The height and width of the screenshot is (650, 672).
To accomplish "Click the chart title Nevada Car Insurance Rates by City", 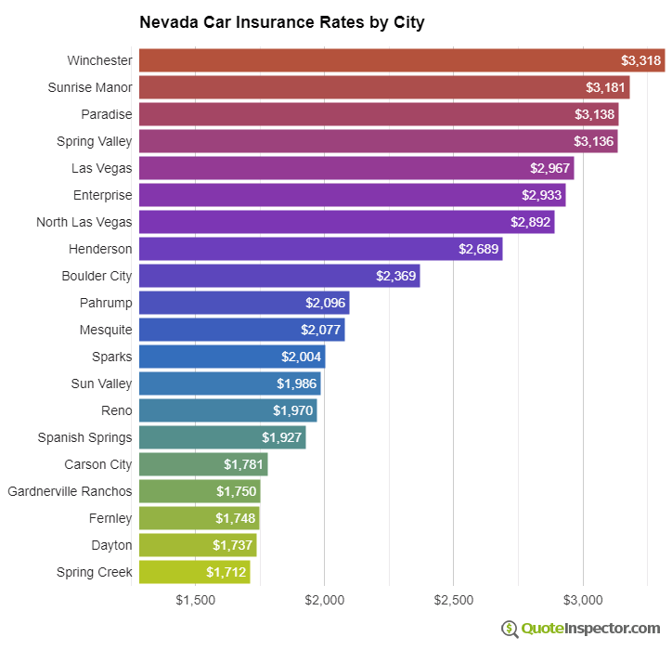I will point(281,22).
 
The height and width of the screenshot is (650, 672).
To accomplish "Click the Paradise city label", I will point(107,114).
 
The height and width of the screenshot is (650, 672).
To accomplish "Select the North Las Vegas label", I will point(84,222).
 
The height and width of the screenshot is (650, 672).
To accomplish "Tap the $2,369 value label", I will point(395,276).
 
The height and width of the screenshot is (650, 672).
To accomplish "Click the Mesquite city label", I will point(106,330).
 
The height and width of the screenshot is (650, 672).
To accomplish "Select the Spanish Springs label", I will point(84,437).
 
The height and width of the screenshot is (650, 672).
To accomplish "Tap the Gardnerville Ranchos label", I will point(70,491).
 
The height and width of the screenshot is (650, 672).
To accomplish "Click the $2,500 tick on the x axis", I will point(454,600).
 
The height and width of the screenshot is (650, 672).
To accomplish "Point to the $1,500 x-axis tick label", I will point(195,600).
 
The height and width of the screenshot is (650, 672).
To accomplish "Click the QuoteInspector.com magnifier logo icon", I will point(510,629).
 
